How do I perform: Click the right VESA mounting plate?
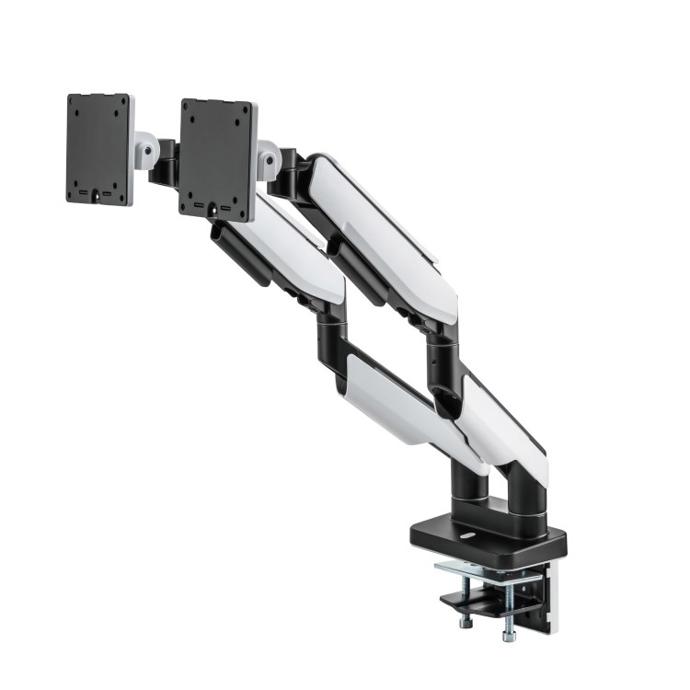tap(217, 158)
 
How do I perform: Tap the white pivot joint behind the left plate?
tap(145, 148)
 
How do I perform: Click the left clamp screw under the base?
tap(466, 602)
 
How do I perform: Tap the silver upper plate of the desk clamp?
tap(488, 571)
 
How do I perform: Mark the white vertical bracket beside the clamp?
tap(551, 598)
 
